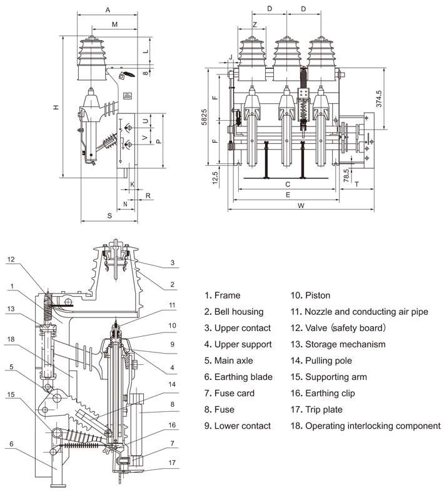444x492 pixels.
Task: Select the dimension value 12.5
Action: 214,178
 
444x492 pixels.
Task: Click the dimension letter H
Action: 56,107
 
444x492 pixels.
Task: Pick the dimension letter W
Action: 301,205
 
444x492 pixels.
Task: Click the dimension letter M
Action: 114,24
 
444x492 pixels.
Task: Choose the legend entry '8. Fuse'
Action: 219,409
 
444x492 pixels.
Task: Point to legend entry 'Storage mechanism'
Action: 336,344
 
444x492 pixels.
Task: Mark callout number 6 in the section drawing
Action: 11,444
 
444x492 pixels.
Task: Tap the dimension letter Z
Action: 255,24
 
